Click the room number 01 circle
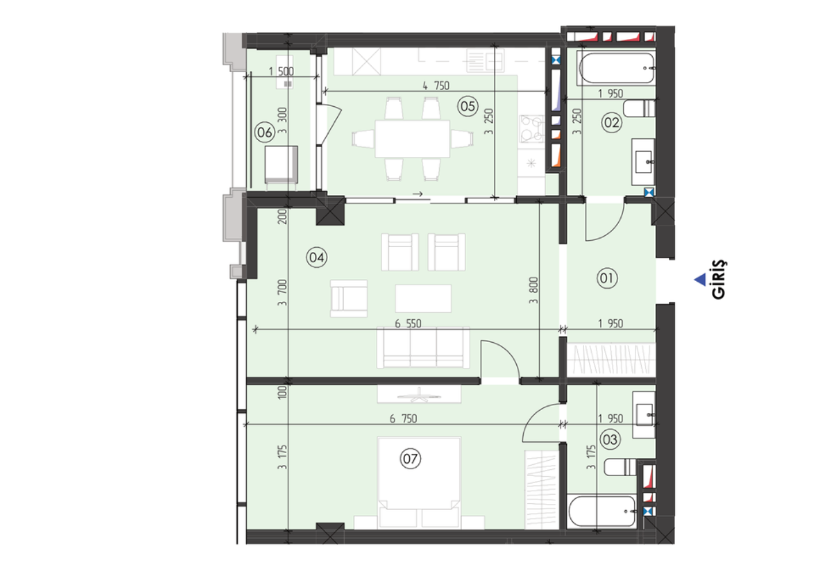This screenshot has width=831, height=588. click(607, 278)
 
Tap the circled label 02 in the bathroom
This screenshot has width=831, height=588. click(611, 123)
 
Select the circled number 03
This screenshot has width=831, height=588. click(609, 440)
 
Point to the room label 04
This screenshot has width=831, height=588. click(317, 258)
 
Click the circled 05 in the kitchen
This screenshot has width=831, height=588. click(468, 106)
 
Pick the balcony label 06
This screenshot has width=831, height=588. click(265, 132)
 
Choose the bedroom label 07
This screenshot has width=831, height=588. click(411, 459)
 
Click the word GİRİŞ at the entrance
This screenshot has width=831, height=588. click(719, 279)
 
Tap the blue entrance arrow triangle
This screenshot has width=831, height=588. click(700, 279)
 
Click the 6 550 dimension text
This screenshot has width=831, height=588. click(408, 323)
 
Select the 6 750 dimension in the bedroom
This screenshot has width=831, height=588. click(403, 418)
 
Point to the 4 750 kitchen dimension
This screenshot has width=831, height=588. click(436, 86)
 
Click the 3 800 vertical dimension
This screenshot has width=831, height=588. click(533, 290)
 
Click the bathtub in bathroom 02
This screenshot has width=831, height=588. click(616, 68)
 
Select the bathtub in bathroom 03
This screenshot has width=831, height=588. click(602, 511)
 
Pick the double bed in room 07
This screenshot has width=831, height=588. click(418, 483)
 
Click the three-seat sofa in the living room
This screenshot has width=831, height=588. click(423, 348)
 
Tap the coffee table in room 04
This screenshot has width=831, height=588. click(423, 299)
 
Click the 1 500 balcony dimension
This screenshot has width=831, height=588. click(281, 71)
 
